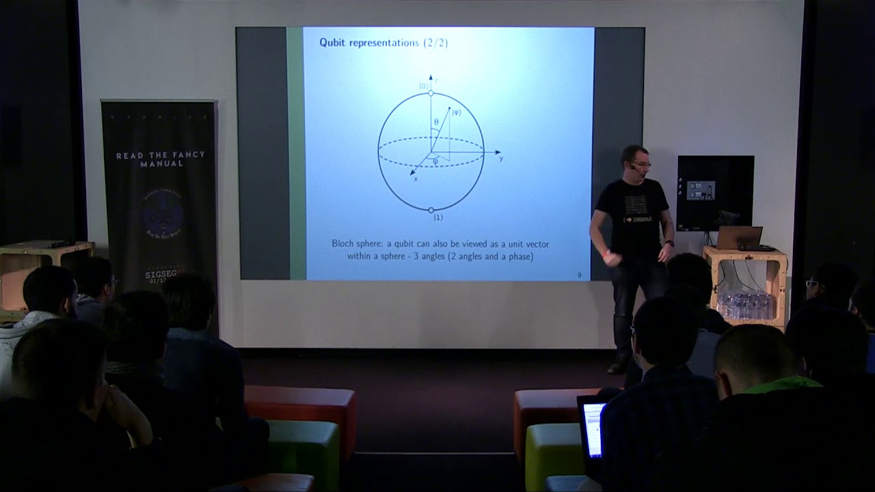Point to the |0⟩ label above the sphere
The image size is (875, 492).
(x=424, y=86)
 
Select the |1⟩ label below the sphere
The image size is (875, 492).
(x=437, y=217)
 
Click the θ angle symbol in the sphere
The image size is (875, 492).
(x=435, y=122)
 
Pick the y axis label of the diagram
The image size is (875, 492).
(x=501, y=159)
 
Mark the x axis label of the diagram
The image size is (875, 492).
(x=415, y=180)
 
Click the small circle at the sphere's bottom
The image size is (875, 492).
(x=431, y=210)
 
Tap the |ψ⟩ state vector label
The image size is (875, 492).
(x=456, y=112)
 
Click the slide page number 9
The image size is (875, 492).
(x=579, y=275)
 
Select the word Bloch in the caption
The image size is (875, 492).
(x=345, y=244)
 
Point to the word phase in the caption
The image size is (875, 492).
(x=516, y=256)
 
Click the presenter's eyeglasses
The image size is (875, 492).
(x=641, y=165)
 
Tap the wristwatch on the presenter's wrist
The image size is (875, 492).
(x=671, y=243)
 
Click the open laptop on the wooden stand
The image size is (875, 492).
(x=740, y=238)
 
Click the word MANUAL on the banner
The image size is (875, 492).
(x=159, y=164)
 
